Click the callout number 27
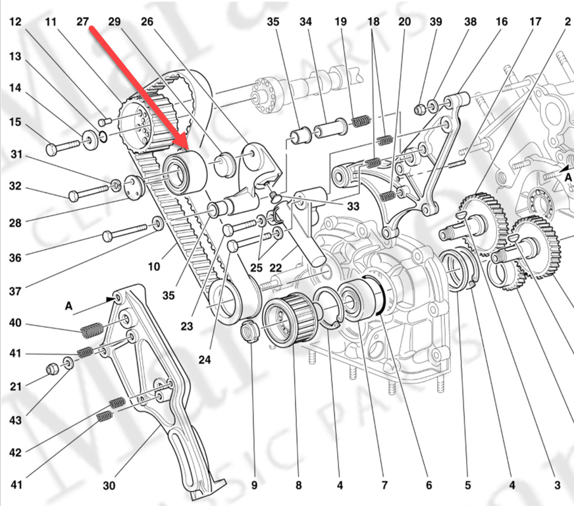click(x=82, y=22)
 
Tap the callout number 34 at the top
click(x=305, y=22)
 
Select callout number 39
click(x=436, y=22)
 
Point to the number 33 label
click(x=353, y=206)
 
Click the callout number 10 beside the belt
click(x=154, y=267)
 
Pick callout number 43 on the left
click(x=15, y=420)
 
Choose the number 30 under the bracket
click(x=109, y=487)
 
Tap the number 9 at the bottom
click(x=254, y=487)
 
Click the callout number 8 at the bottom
click(x=298, y=487)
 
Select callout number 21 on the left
click(x=15, y=386)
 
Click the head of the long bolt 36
click(x=108, y=236)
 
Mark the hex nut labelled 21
click(x=53, y=369)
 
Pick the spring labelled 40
click(x=92, y=325)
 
